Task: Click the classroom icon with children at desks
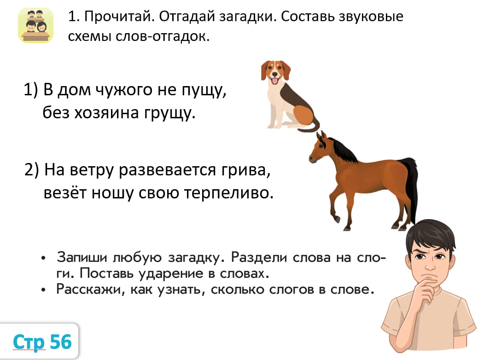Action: click(x=35, y=26)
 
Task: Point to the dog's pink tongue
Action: click(x=275, y=81)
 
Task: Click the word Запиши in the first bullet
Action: click(x=82, y=258)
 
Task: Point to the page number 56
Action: click(x=61, y=342)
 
